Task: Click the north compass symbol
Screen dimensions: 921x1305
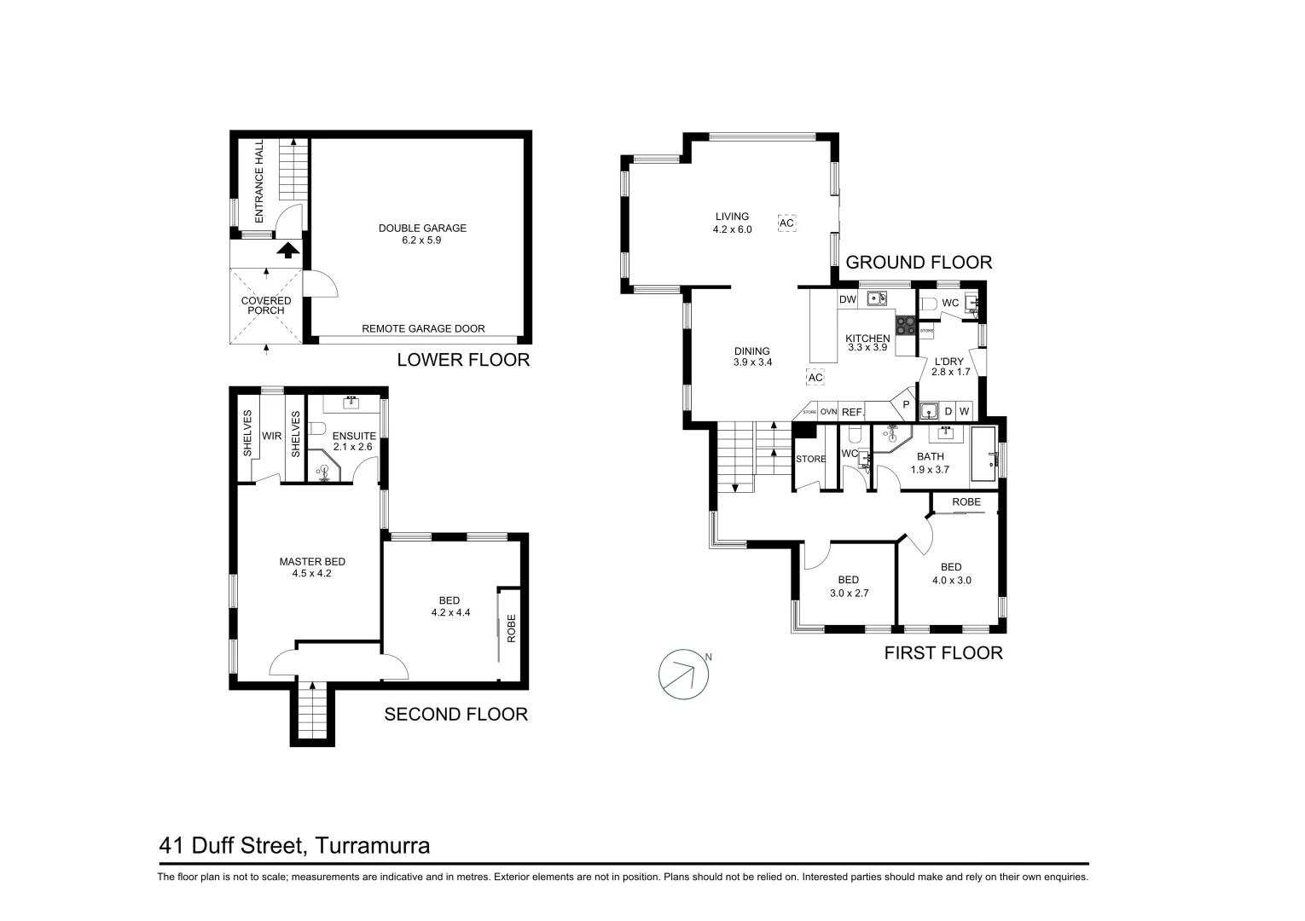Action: pos(684,675)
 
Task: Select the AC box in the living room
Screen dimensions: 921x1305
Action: pos(786,223)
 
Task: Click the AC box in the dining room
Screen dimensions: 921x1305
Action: pos(815,377)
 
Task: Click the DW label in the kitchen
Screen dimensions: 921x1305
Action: pos(847,299)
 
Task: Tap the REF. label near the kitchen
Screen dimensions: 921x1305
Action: pos(852,412)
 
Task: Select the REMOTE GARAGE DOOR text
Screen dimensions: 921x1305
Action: pos(423,328)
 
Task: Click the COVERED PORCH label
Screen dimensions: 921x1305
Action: pos(266,305)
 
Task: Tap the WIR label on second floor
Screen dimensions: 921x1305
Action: pos(271,436)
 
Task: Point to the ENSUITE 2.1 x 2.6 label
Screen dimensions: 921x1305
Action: pos(354,441)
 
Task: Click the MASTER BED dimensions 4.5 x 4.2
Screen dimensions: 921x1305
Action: pos(312,573)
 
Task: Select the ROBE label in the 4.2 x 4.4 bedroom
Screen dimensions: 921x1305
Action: pos(511,628)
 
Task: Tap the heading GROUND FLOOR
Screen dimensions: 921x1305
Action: pos(919,263)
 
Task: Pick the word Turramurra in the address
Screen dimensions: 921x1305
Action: pos(372,846)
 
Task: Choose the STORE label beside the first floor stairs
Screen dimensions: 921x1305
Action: pos(810,459)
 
